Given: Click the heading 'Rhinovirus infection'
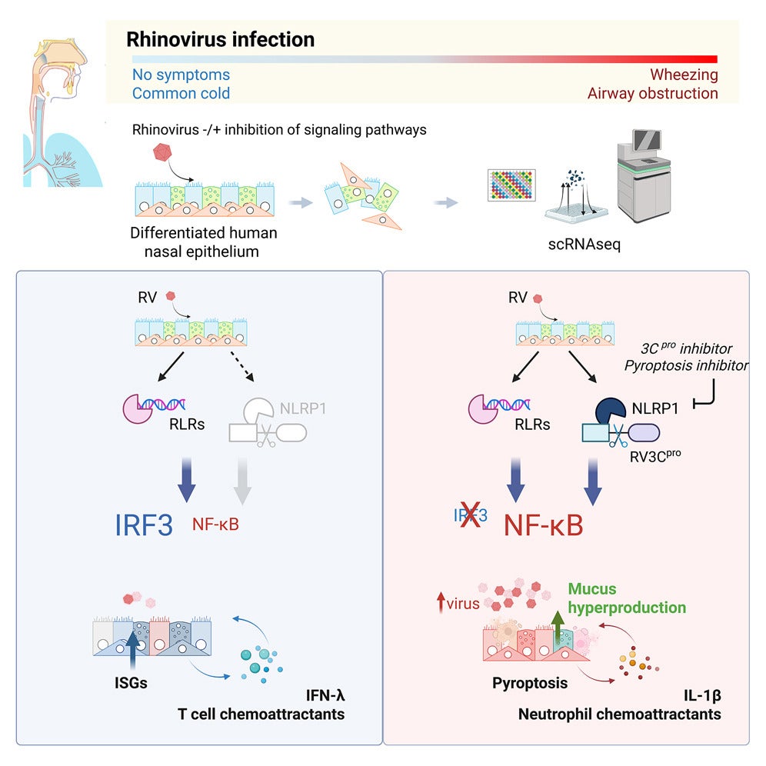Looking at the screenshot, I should tap(220, 39).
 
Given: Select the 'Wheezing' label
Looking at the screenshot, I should tap(684, 75).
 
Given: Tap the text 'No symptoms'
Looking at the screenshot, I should tap(181, 75).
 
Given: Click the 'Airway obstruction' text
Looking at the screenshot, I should tap(652, 94).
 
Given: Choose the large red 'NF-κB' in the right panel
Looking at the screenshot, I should tap(543, 525).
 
